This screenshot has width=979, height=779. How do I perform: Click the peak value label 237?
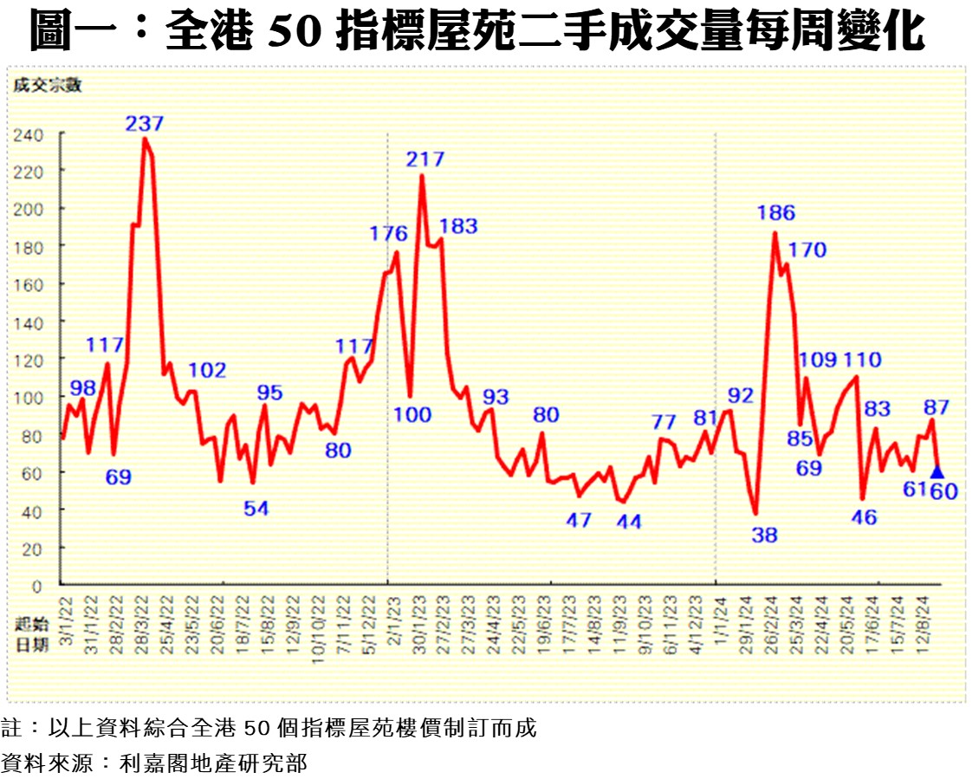(x=145, y=123)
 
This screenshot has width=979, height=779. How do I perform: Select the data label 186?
(x=775, y=213)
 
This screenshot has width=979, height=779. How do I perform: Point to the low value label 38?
(x=764, y=536)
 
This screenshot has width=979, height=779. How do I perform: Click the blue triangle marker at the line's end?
(x=937, y=472)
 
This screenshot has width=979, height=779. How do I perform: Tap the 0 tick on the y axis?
(x=36, y=586)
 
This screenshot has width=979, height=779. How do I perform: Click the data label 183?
(x=459, y=226)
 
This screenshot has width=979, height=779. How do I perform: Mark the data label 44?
(x=628, y=522)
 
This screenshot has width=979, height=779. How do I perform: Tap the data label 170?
(x=807, y=250)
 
